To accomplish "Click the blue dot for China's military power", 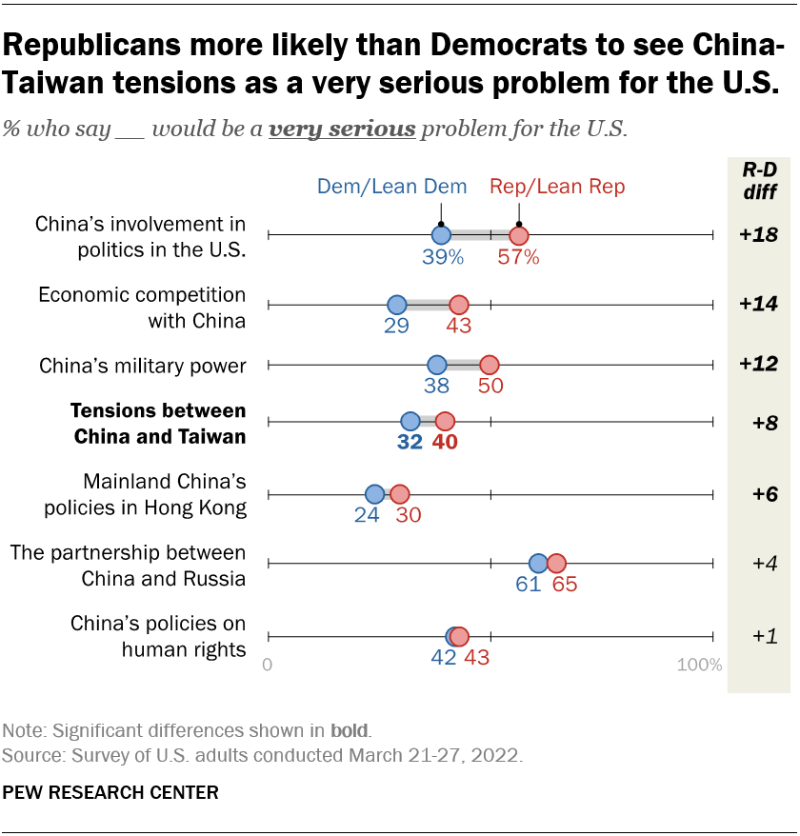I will [437, 364].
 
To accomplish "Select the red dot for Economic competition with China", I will [459, 305].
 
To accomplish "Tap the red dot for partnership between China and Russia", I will [556, 563].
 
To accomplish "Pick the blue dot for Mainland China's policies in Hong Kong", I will [375, 494].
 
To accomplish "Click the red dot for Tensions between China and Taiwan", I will [445, 421].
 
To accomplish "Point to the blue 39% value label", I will [443, 257].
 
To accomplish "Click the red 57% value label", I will [518, 257].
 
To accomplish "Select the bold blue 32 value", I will [410, 443].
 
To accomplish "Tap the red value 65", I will [564, 585].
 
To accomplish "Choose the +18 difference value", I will [758, 235].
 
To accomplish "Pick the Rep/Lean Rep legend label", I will [557, 187].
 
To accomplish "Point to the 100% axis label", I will [699, 665].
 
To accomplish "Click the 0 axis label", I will [268, 665].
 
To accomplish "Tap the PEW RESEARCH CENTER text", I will [110, 792].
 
